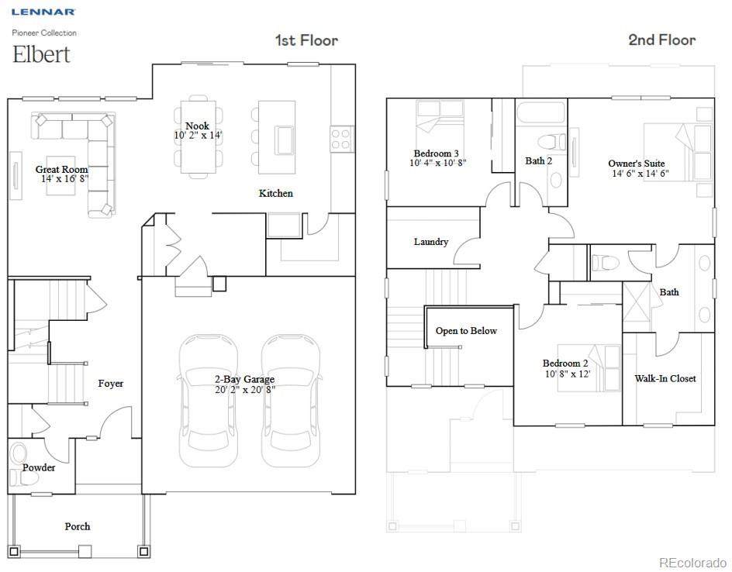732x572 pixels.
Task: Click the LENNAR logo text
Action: point(43,12)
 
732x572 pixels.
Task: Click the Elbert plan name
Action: point(41,54)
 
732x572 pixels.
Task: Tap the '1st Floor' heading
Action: point(306,40)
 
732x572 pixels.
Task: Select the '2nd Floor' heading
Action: point(662,40)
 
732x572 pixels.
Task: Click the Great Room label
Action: point(61,169)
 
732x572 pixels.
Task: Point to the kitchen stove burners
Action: point(340,139)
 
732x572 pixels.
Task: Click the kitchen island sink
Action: point(284,140)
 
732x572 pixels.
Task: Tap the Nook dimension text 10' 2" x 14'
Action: point(199,136)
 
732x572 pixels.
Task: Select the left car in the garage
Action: point(209,400)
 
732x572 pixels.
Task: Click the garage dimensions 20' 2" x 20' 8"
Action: point(244,389)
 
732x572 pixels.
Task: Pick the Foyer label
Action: point(111,384)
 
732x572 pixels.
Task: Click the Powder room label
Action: point(39,467)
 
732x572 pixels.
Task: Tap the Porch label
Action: point(78,526)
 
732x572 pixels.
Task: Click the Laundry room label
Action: point(431,242)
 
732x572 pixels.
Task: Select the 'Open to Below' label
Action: point(466,331)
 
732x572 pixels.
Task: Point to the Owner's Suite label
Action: point(637,164)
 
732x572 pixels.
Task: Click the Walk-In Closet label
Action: point(665,378)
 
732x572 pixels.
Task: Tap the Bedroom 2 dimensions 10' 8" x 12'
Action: point(568,374)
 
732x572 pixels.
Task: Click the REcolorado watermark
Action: point(693,562)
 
